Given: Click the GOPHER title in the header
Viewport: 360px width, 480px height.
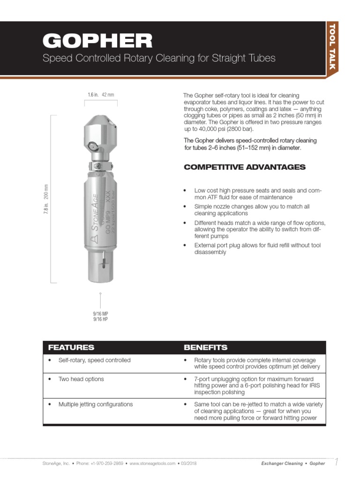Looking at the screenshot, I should [x=97, y=41].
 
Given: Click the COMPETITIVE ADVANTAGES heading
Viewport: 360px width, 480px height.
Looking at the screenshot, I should [x=244, y=167].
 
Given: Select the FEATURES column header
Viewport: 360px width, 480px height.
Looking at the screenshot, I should [x=71, y=347].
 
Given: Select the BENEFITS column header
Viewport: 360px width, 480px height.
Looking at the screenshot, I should [x=205, y=347].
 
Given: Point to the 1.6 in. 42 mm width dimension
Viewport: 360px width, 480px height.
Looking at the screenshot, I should [x=101, y=95].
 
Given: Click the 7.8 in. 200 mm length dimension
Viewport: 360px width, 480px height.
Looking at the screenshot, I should [x=45, y=199].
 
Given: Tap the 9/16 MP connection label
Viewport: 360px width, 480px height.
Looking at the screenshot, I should [x=100, y=313].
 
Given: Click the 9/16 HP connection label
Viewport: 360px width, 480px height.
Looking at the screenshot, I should [x=100, y=319].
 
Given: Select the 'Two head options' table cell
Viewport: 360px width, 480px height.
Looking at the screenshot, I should [x=81, y=379].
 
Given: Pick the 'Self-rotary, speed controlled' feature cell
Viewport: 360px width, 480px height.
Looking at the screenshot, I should [x=94, y=360].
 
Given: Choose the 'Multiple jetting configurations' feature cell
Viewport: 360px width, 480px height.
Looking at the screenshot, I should [x=95, y=404].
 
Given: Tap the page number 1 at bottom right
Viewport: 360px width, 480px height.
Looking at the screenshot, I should [x=336, y=463].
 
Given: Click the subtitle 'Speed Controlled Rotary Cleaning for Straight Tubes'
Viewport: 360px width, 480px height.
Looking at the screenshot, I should [x=159, y=59].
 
